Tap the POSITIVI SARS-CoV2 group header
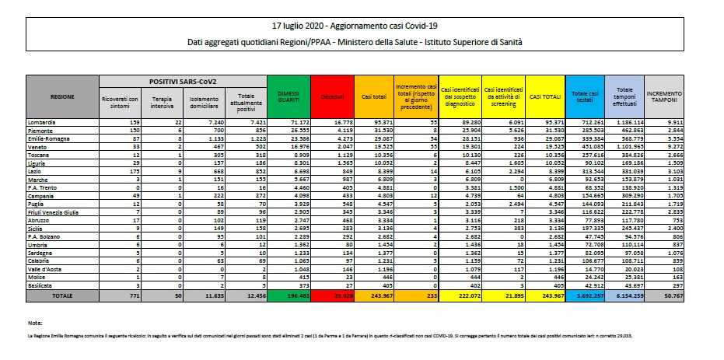(184, 81)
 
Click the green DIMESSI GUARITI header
(289, 96)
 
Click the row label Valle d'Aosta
(47, 269)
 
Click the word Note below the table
(33, 321)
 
